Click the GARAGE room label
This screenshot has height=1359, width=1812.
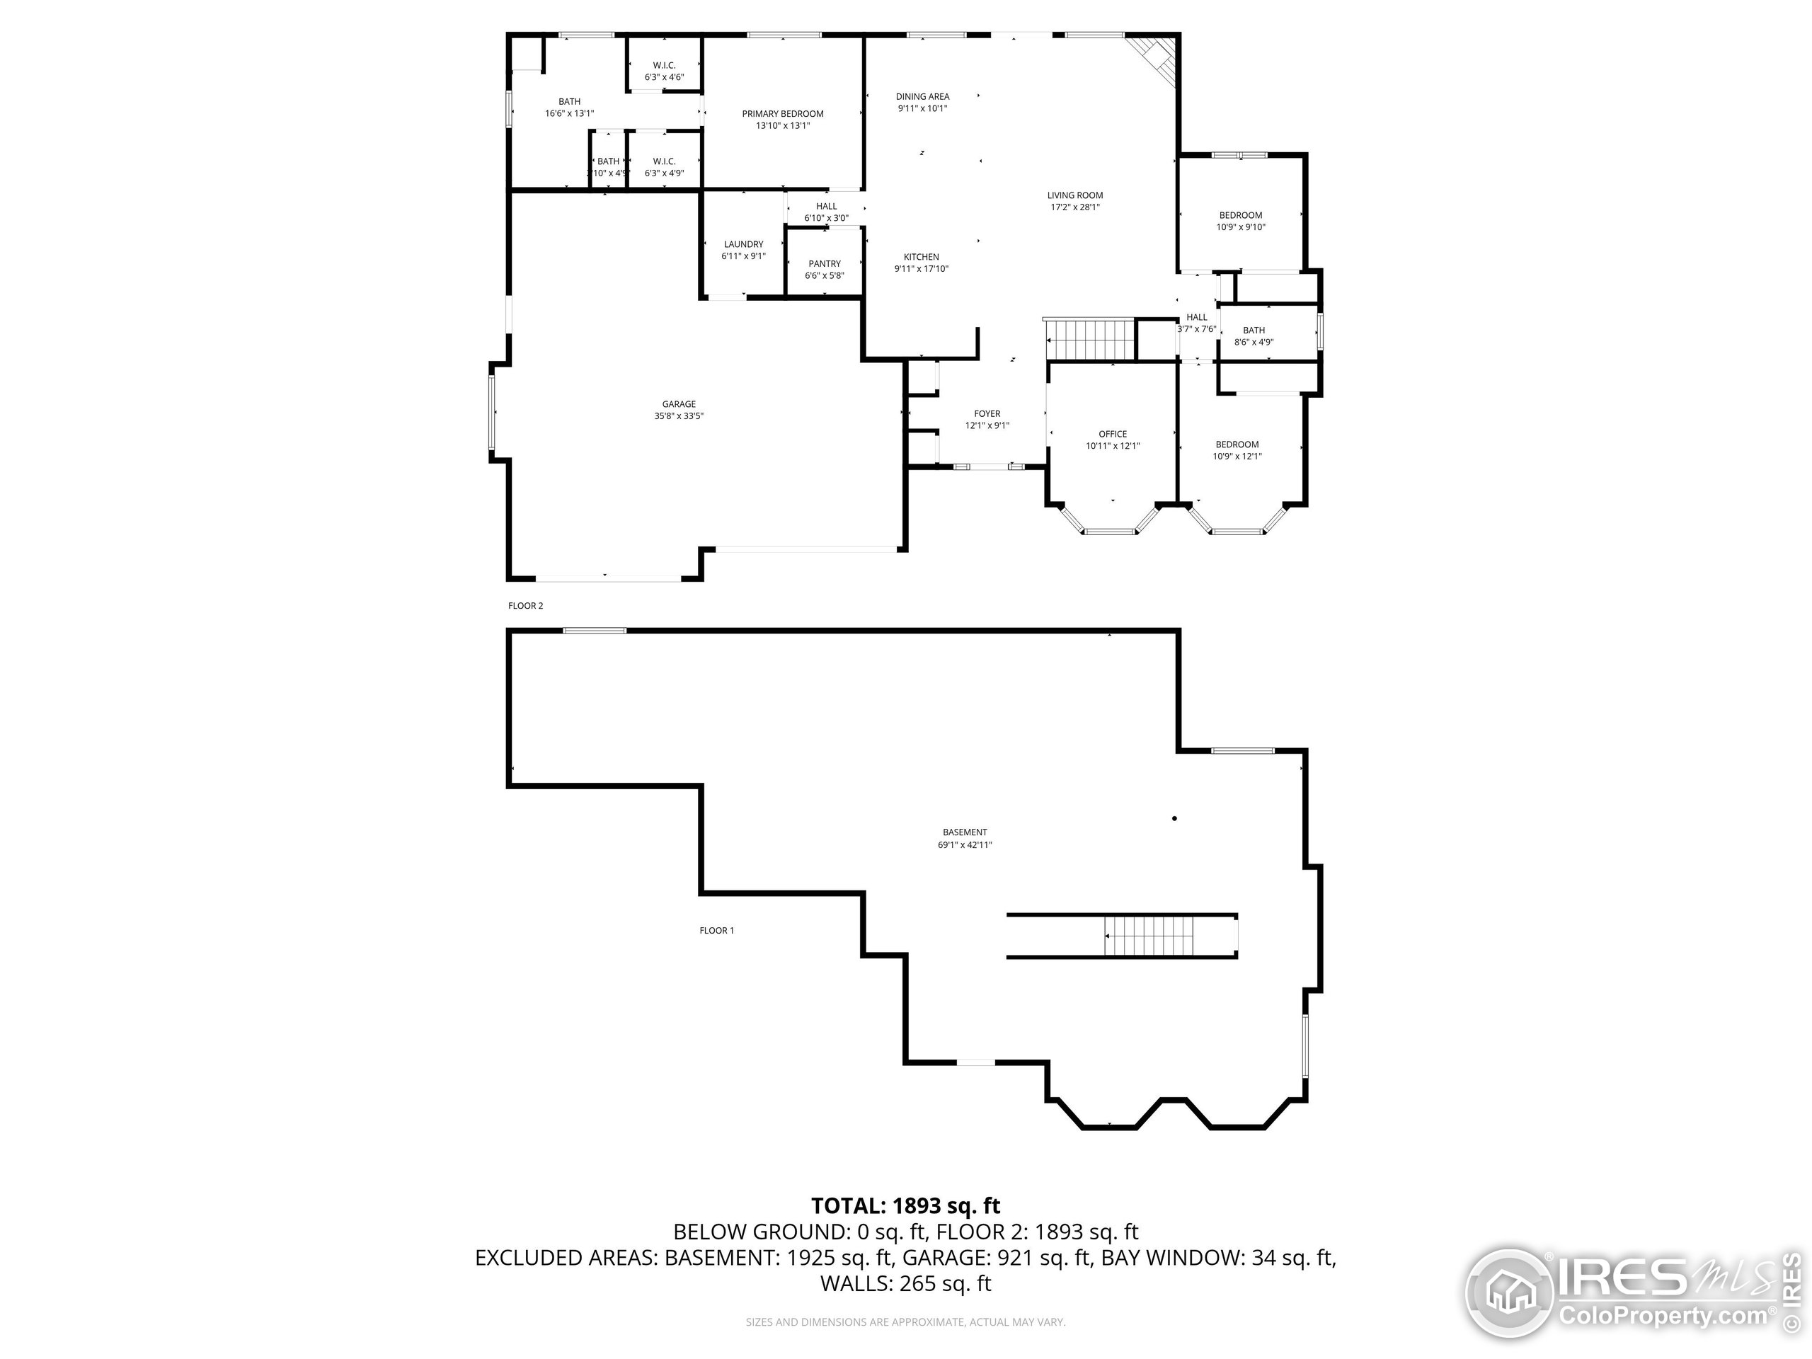(678, 404)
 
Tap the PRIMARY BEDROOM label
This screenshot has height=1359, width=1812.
(782, 114)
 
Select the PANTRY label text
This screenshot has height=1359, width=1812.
(824, 264)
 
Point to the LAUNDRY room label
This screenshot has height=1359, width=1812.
(743, 244)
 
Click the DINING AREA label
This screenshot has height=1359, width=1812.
(922, 97)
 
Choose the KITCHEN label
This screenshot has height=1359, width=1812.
(921, 257)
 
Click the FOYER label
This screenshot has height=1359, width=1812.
(987, 413)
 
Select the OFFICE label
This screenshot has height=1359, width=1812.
(1113, 434)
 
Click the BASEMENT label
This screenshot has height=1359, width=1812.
(964, 832)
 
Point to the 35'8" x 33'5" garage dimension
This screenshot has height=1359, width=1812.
(678, 416)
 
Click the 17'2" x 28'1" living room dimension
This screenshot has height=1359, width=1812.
(1074, 207)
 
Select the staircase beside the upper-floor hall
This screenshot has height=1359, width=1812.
(1089, 339)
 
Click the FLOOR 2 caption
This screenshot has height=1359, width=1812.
(525, 606)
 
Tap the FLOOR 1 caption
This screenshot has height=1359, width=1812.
(716, 931)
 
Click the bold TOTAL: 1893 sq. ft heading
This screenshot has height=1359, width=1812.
(905, 1206)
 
